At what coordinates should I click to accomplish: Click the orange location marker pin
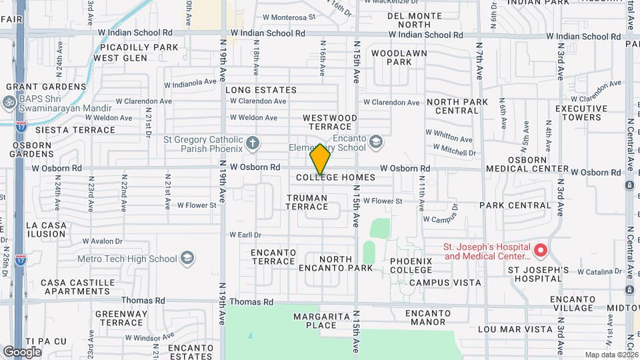click(320, 159)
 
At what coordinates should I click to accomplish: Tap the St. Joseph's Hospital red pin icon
click(541, 251)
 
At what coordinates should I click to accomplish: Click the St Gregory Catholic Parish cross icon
click(252, 142)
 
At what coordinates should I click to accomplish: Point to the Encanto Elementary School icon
click(376, 141)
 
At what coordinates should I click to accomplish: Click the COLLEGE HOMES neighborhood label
click(335, 178)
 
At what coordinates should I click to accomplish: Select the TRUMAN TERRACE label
click(307, 202)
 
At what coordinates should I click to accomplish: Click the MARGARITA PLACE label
click(319, 321)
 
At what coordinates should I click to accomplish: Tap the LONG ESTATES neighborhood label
click(261, 90)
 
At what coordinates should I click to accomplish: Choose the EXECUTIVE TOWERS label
click(581, 113)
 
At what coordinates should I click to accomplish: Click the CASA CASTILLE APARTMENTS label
click(75, 287)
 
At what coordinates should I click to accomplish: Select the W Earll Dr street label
click(245, 235)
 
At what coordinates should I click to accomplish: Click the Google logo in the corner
click(22, 351)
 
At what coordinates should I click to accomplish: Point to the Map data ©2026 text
click(611, 355)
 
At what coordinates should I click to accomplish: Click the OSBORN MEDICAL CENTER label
click(537, 165)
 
